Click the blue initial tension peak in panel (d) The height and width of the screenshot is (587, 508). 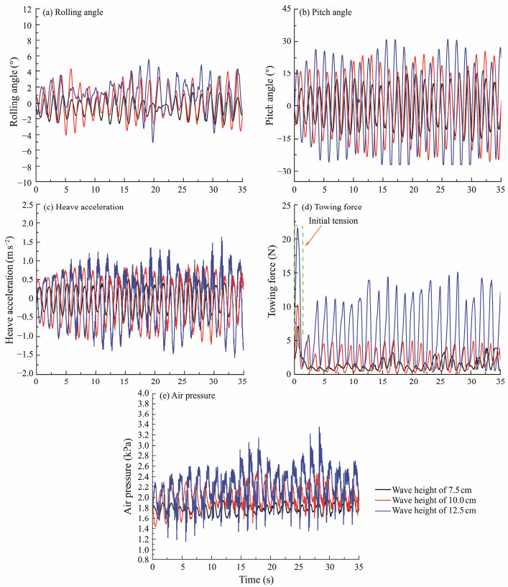(x=297, y=228)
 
